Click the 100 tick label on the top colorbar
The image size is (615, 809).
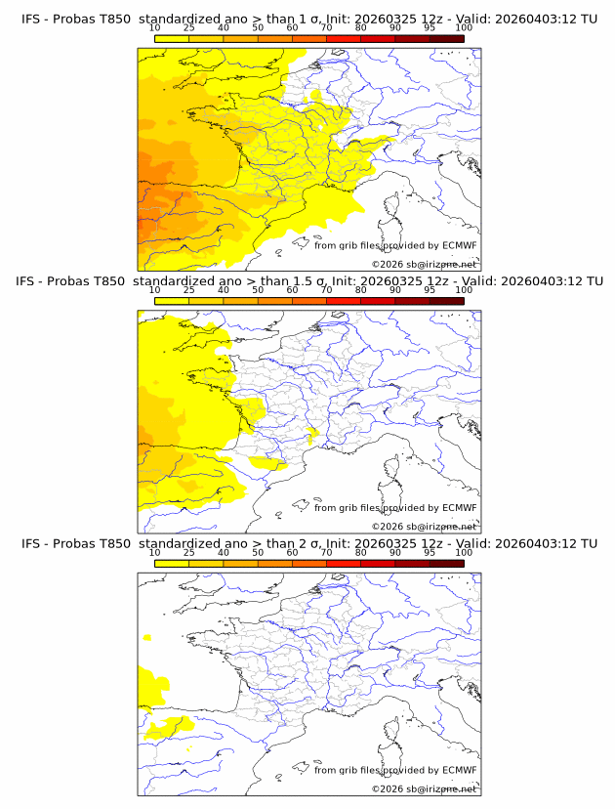point(464,27)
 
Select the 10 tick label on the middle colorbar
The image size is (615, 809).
point(154,290)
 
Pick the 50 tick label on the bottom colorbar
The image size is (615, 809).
point(258,552)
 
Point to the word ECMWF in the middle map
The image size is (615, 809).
point(459,507)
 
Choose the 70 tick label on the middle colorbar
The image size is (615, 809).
point(326,290)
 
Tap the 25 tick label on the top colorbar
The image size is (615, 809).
point(188,27)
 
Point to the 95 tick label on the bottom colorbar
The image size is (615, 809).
point(430,552)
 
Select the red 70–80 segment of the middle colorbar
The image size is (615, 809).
point(343,300)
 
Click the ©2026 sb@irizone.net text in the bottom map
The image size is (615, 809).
point(424,788)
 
